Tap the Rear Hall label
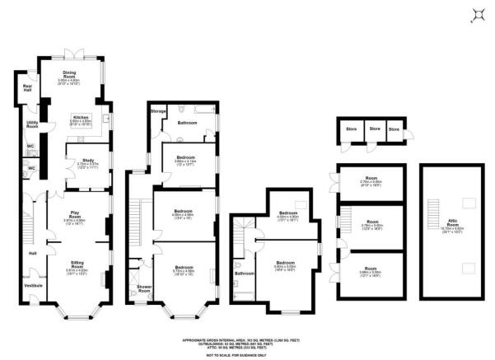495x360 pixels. (28, 86)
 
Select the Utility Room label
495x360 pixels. (32, 125)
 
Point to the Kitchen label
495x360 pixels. (81, 117)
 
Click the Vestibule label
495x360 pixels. (34, 286)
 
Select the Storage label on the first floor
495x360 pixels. (158, 110)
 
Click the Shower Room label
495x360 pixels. (144, 288)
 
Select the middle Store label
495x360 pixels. (375, 129)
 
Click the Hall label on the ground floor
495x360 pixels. (32, 253)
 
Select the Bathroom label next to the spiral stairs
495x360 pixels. (244, 273)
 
